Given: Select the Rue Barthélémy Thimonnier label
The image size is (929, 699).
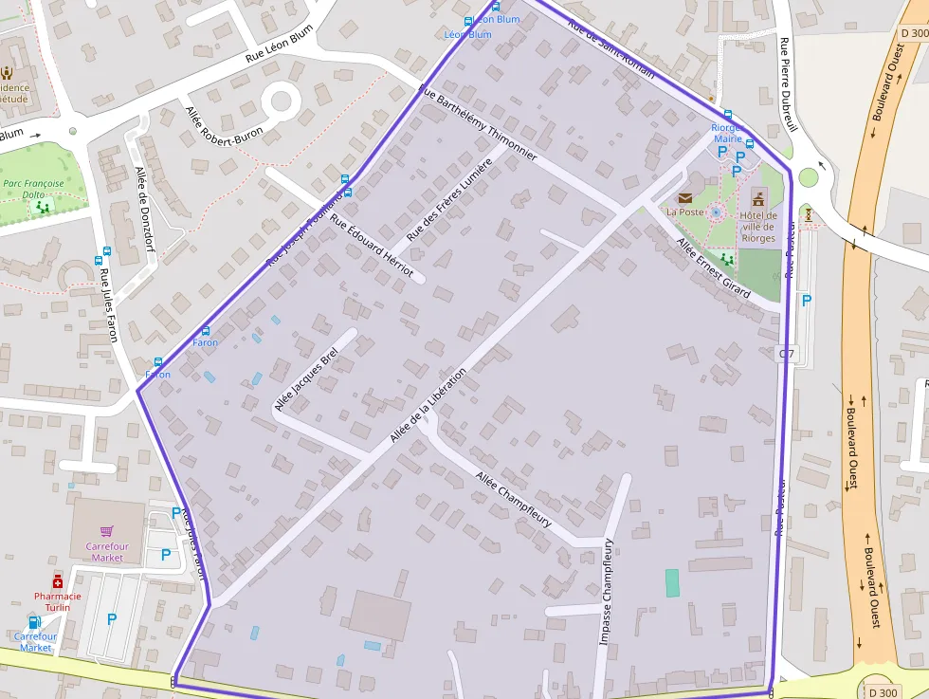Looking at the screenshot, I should pos(478,122).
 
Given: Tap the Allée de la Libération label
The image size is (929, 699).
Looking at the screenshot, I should pos(428,406).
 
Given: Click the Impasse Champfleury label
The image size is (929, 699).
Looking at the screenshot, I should pos(606,593).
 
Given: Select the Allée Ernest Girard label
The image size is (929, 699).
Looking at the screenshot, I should pos(713,267).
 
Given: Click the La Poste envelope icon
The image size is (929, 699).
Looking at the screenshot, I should pos(684,197).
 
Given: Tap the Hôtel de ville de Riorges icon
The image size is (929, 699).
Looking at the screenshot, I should pos(757,197).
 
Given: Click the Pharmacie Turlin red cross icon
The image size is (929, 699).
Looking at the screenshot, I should pos(57,580).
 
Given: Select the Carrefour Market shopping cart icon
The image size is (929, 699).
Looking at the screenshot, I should pos(106,531).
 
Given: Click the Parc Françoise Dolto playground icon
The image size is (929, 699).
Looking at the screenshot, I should pos(42,206).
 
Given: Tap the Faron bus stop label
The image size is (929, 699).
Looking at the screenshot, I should pos(205,342).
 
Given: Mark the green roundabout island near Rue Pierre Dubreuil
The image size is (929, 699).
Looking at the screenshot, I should pos(808,177).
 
